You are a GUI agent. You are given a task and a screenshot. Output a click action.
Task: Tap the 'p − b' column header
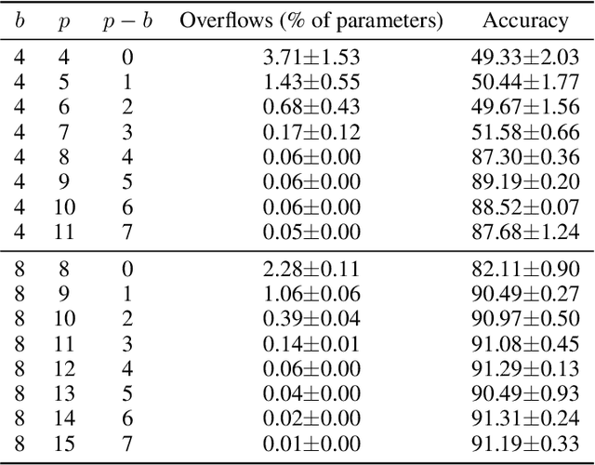tap(127, 20)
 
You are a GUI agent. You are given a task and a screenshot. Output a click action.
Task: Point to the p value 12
tap(63, 370)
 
